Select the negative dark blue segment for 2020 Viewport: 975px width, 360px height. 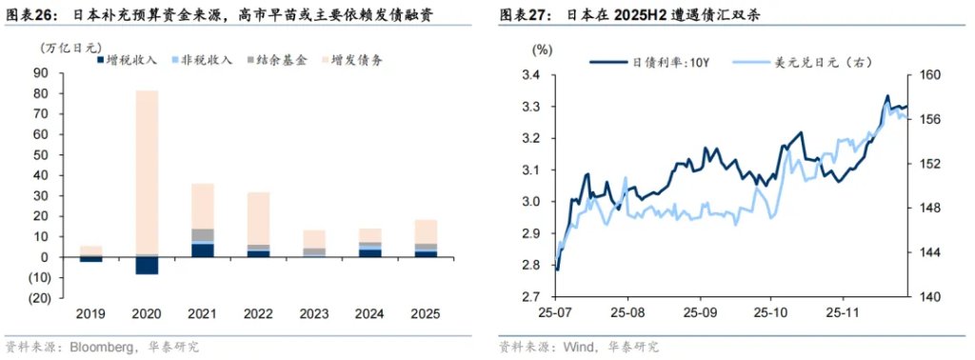point(146,266)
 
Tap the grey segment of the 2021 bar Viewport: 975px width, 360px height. point(203,235)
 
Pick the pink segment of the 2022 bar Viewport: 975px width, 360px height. point(258,218)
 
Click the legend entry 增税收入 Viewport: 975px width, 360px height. point(126,59)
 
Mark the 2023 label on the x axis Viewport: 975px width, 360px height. point(314,313)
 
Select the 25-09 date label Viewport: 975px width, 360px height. point(700,313)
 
